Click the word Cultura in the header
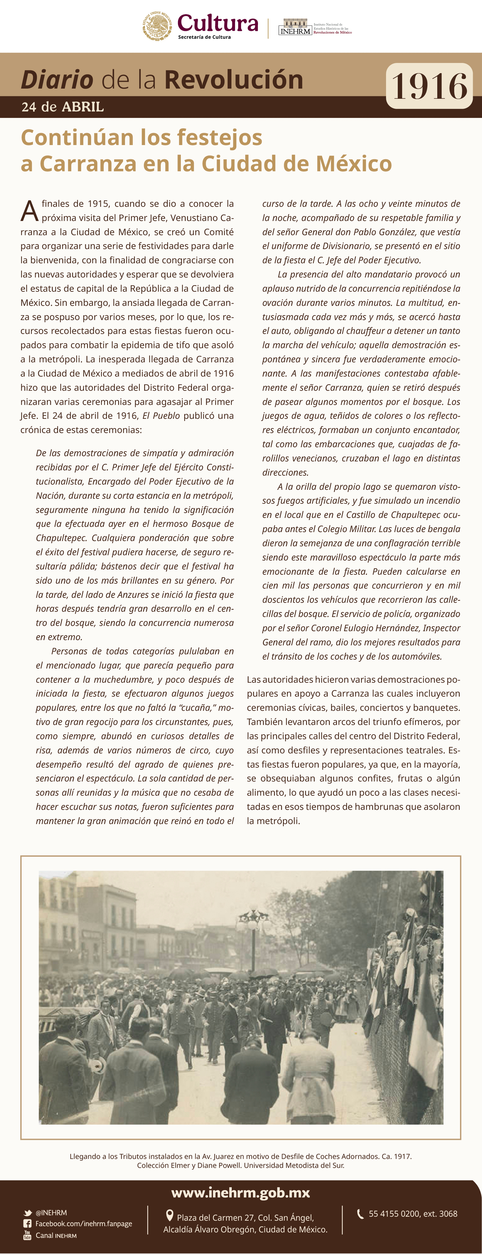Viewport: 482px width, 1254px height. pyautogui.click(x=218, y=23)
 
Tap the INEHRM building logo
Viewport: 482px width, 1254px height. pyautogui.click(x=295, y=27)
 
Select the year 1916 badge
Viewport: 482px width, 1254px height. pyautogui.click(x=429, y=86)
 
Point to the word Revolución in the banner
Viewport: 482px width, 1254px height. pyautogui.click(x=233, y=80)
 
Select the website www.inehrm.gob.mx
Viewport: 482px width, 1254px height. pyautogui.click(x=240, y=1193)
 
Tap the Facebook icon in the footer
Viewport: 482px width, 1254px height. pyautogui.click(x=28, y=1224)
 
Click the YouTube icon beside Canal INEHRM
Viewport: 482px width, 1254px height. pyautogui.click(x=28, y=1235)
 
